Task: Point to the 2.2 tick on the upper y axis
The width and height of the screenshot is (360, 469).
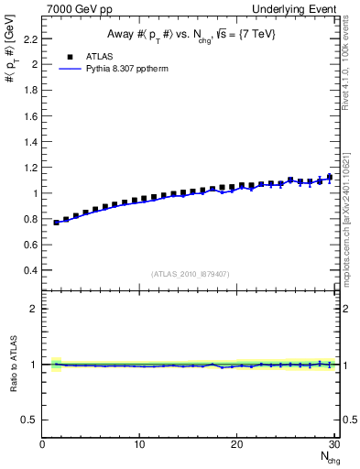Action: pos(30,39)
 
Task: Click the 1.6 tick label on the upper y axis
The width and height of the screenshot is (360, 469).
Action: pos(30,116)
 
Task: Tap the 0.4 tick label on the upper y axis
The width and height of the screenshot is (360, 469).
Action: pos(30,270)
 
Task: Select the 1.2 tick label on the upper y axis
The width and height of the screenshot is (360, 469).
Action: pos(30,168)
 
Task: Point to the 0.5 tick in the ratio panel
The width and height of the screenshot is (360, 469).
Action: pos(29,420)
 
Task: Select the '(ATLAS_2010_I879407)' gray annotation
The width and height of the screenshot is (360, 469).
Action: pos(189,274)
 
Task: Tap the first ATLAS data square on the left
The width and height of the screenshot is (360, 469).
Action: pos(56,223)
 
